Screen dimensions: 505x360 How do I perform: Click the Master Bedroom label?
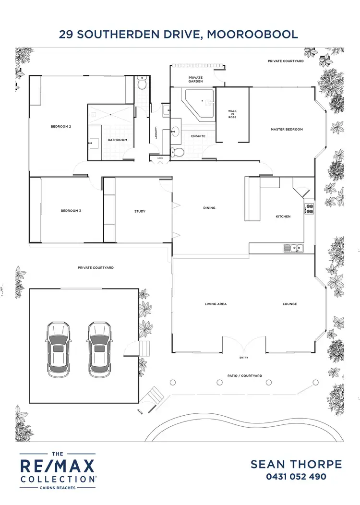287,130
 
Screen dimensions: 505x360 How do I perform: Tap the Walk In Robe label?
232,114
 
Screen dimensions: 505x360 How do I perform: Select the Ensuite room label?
198,136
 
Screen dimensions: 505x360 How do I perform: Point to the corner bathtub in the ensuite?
201,103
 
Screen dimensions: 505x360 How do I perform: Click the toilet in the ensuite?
178,152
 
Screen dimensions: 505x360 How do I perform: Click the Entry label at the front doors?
243,358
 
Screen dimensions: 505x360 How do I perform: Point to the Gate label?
139,411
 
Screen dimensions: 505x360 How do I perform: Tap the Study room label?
140,211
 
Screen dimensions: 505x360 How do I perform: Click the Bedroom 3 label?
71,210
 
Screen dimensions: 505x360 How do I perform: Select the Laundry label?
156,133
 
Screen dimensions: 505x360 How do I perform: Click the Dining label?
209,208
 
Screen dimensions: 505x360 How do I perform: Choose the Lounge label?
290,304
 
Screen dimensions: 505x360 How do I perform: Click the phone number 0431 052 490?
296,477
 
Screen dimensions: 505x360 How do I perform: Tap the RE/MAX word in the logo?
57,466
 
